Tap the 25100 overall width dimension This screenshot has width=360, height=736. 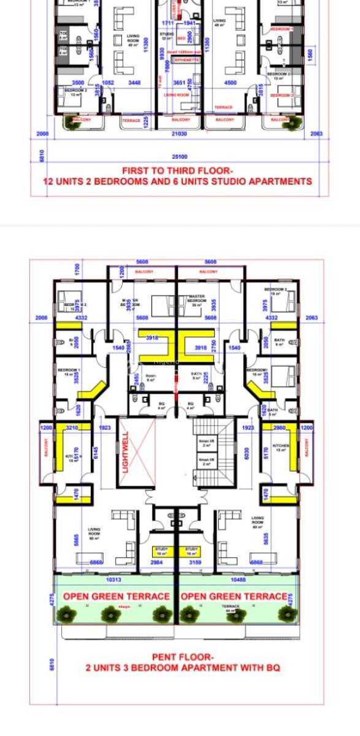click(180, 157)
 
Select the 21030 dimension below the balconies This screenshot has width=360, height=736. click(180, 134)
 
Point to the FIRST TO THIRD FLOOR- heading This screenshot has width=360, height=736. click(177, 171)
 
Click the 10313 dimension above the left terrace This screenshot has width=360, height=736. click(114, 580)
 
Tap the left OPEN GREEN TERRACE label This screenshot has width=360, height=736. click(116, 596)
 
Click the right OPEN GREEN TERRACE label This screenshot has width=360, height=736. click(234, 596)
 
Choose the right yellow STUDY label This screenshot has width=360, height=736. click(192, 550)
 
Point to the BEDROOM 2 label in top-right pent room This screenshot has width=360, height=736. click(276, 291)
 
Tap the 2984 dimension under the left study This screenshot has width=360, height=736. click(156, 562)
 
